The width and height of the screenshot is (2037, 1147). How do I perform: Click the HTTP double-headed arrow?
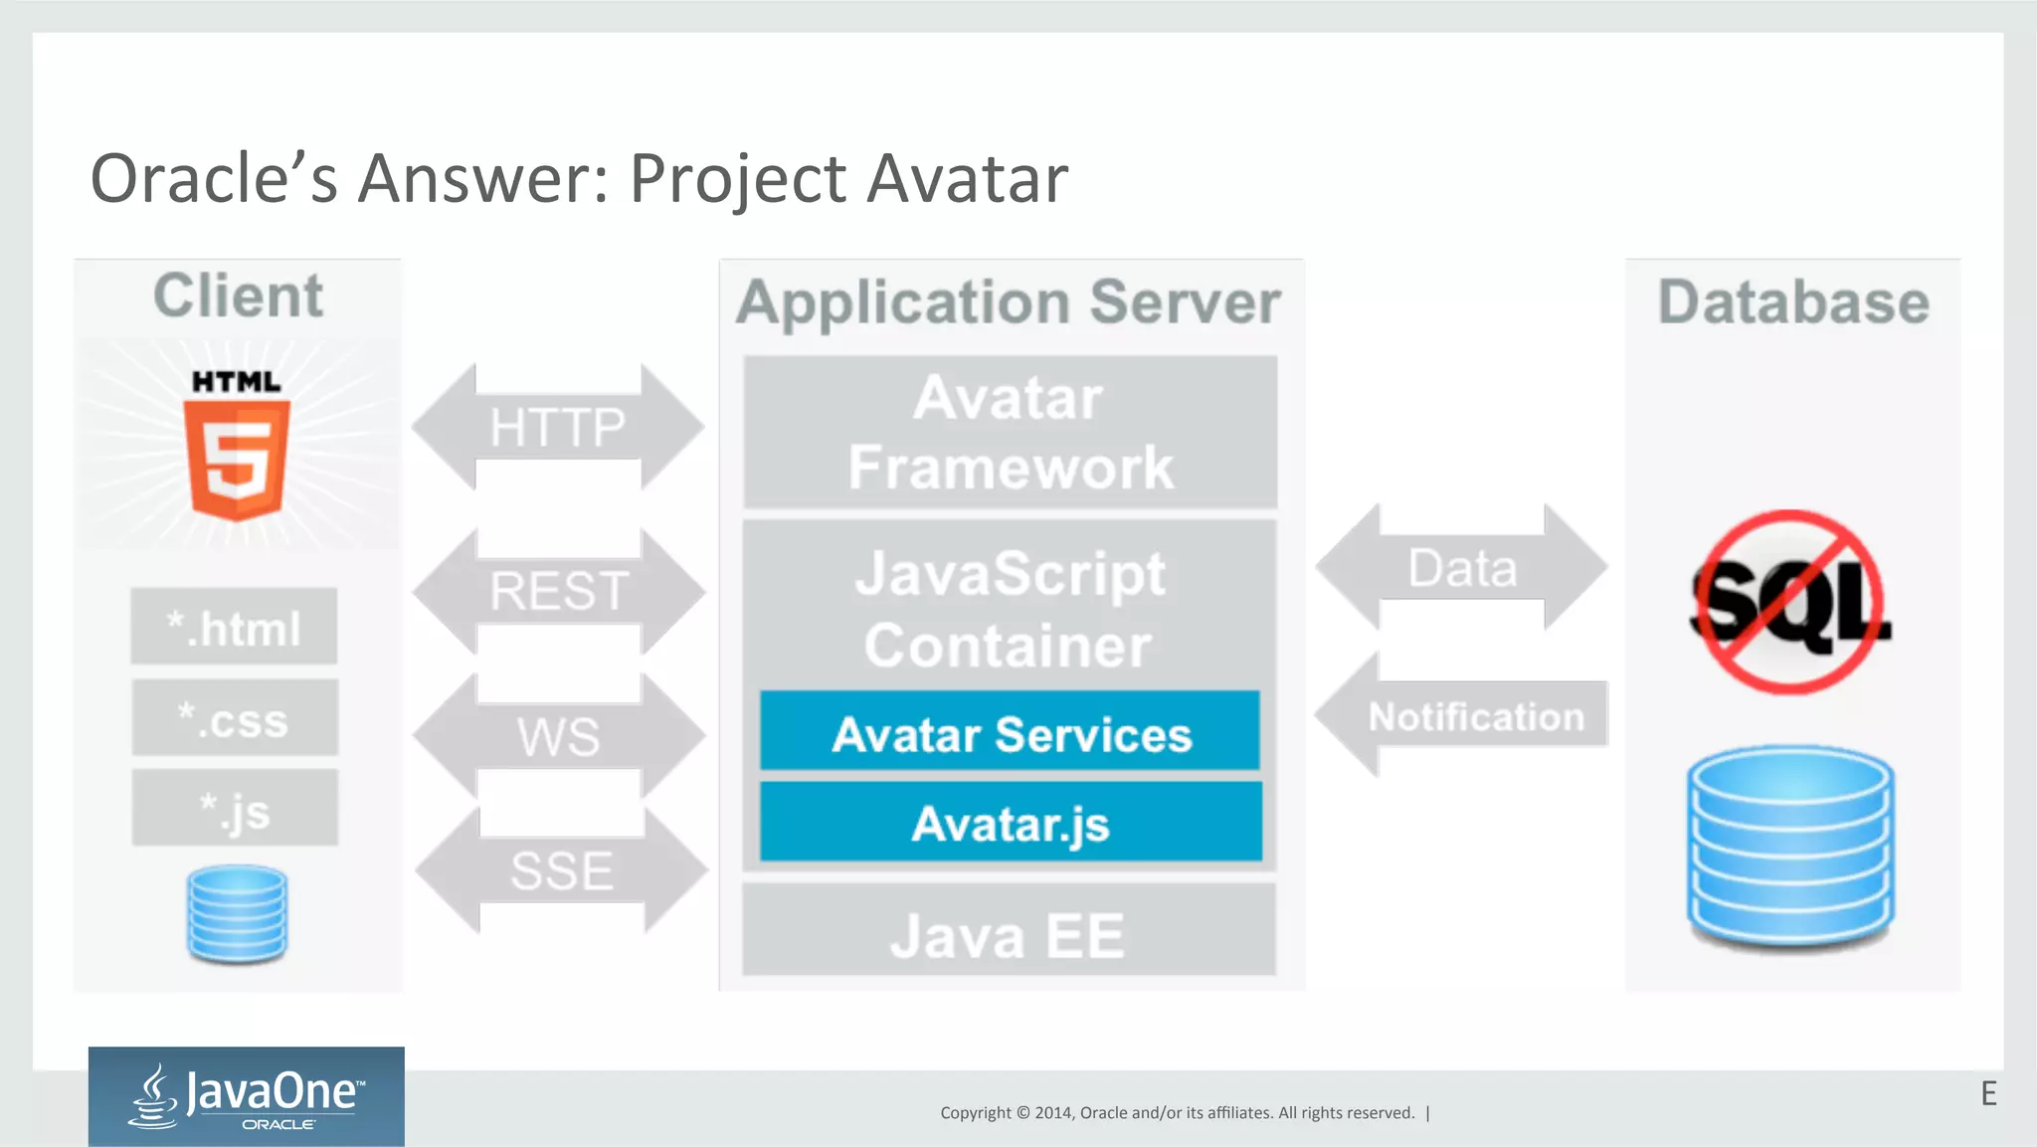[558, 428]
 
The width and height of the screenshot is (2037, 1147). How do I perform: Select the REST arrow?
[558, 592]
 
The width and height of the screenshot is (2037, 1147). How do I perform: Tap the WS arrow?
[559, 737]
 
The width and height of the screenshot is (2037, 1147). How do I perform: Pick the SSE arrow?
[562, 871]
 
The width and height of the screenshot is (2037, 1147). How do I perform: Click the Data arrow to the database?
[1461, 568]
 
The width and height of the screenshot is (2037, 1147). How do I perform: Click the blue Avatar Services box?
[1011, 734]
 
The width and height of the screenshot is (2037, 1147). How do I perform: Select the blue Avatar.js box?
[1011, 824]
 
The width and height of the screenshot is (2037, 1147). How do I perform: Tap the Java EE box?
[1009, 934]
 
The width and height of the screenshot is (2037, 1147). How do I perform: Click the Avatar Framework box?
[1010, 433]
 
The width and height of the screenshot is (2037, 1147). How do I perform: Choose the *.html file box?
[234, 628]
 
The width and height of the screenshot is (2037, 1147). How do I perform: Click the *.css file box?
[234, 719]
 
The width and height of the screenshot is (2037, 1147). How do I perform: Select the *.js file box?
[234, 809]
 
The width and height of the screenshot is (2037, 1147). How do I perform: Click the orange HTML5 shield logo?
[238, 458]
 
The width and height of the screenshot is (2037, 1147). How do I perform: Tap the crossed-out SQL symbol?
[1790, 603]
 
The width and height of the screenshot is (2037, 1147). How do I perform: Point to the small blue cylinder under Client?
[238, 914]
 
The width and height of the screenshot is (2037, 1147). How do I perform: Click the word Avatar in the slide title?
[968, 180]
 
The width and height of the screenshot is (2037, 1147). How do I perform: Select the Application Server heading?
[1009, 302]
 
